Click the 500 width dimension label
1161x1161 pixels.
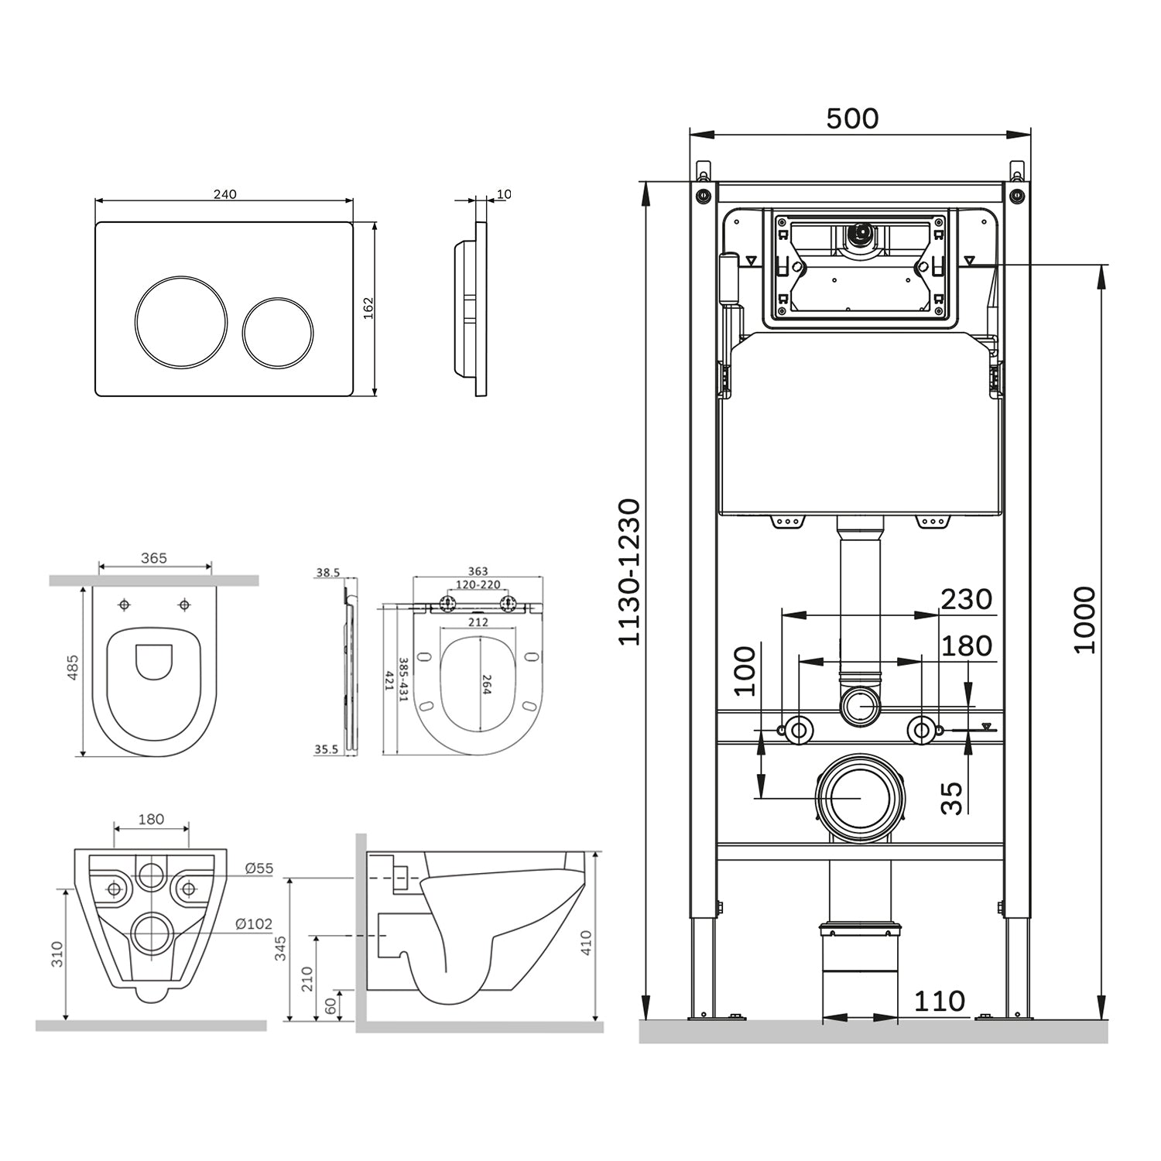point(852,119)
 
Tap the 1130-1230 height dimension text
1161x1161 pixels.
point(631,572)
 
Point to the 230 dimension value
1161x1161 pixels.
point(966,599)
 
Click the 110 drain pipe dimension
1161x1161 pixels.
point(940,1001)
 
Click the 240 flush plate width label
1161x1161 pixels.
point(224,194)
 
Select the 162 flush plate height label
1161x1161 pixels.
point(368,307)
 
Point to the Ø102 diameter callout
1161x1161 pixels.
point(254,923)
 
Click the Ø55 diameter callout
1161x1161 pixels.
point(259,868)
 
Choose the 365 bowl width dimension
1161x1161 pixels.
point(154,558)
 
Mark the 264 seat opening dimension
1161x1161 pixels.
point(487,684)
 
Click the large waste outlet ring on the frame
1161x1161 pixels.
point(859,797)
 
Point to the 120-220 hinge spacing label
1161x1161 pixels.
point(478,585)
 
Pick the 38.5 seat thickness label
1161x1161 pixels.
point(328,574)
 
